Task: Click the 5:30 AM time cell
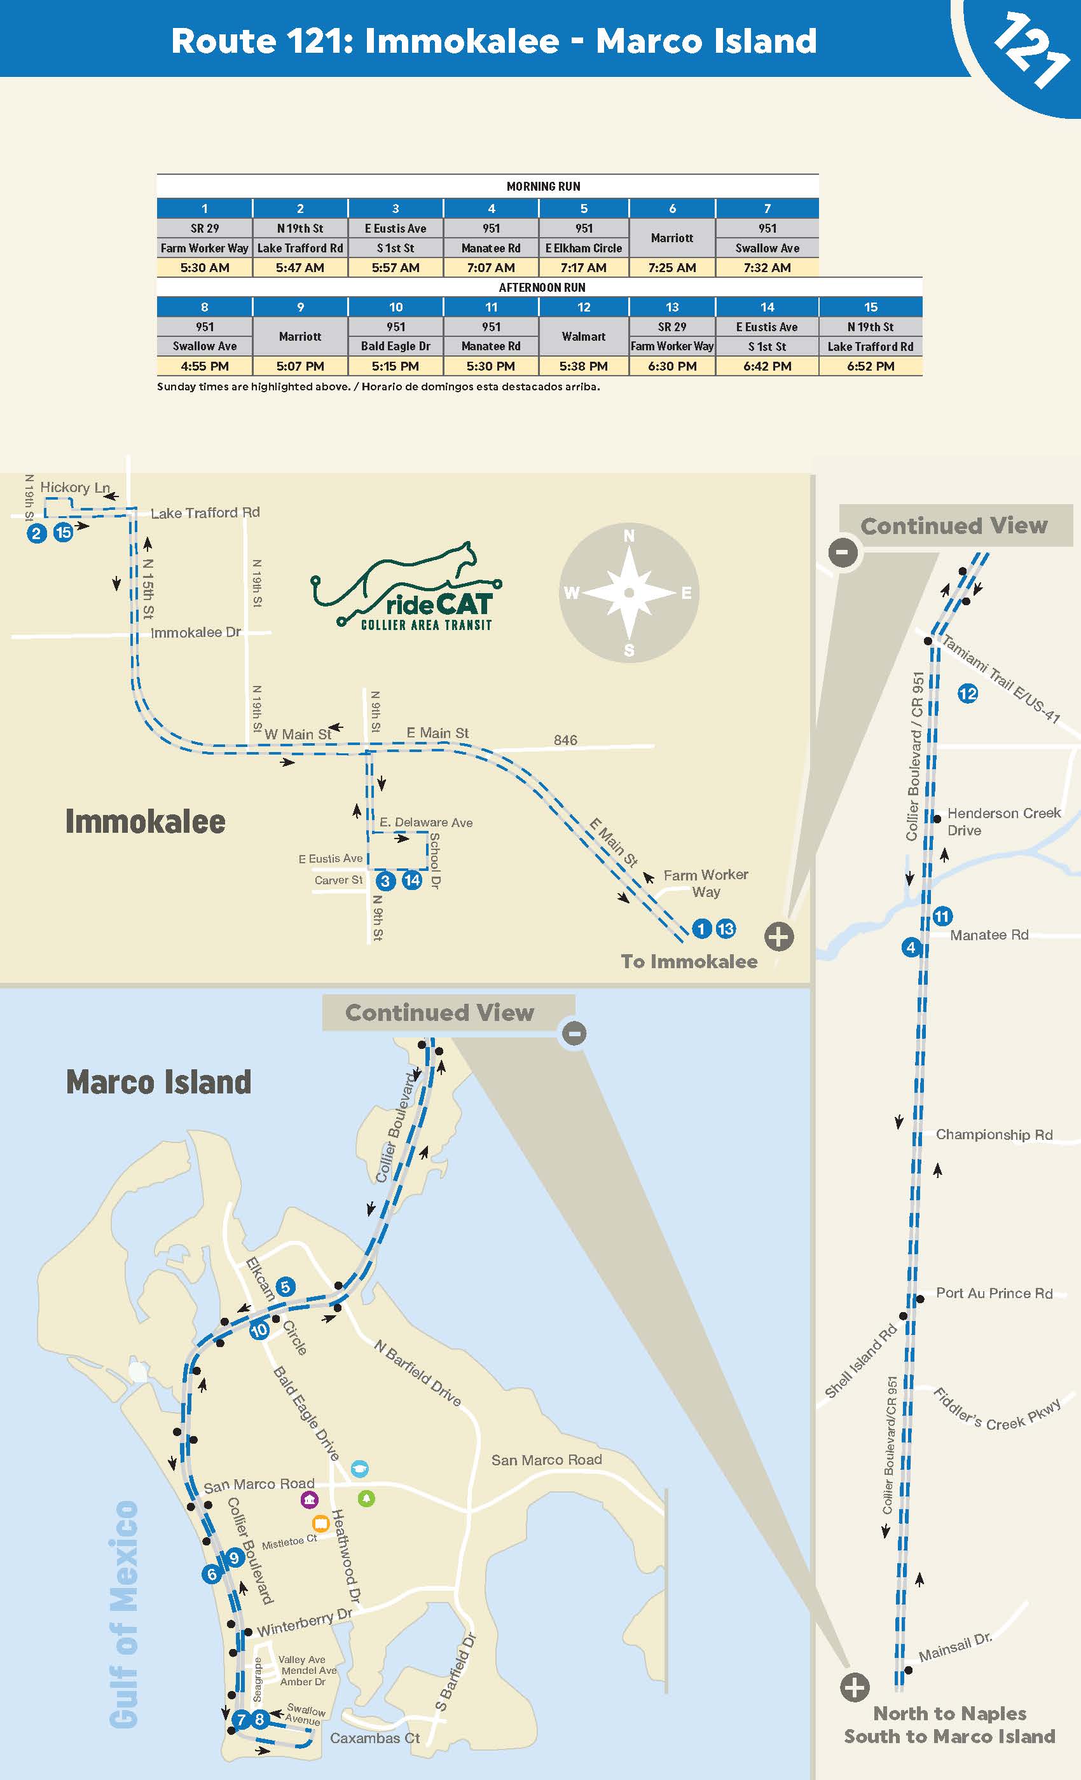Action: pos(205,267)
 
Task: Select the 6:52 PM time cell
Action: pos(870,366)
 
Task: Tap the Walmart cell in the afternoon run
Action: pos(583,337)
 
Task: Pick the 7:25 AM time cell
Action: pos(671,267)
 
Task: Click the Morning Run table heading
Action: pos(542,186)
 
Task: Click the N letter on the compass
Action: pos(629,536)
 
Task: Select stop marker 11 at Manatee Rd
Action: pos(942,917)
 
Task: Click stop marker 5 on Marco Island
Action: pos(286,1287)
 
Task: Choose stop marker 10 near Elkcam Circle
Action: pos(259,1331)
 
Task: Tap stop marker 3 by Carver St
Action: pos(385,881)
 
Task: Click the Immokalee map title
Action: pos(145,822)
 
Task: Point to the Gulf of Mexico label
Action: pos(124,1615)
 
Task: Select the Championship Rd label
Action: pos(993,1135)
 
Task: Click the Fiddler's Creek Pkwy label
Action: pos(996,1410)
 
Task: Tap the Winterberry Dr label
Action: pos(304,1623)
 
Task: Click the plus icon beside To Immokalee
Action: pos(778,937)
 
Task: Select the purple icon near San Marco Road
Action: pos(309,1500)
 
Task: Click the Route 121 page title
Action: pos(493,41)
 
